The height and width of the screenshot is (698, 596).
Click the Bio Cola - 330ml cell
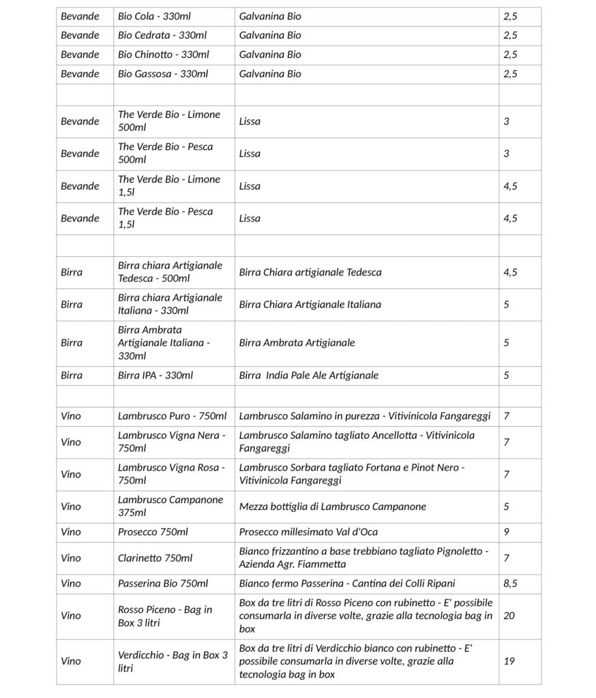[162, 16]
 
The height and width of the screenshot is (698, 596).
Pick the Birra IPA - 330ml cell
[155, 375]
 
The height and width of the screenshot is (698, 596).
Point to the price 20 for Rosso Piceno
[509, 616]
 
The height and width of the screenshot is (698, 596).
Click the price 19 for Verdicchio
[509, 661]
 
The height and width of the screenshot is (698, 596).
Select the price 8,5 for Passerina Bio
[510, 583]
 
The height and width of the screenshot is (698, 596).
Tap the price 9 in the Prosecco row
[507, 532]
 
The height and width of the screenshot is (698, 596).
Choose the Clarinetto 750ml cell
[155, 558]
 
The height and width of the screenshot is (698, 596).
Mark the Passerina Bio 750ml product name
[163, 583]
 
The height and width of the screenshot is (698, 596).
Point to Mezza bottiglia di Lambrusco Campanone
[333, 506]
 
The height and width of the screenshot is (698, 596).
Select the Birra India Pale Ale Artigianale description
[309, 375]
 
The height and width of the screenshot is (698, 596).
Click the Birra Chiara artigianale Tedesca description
[310, 272]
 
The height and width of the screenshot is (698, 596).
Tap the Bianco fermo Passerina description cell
[347, 583]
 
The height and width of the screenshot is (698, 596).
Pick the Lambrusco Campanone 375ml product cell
[170, 506]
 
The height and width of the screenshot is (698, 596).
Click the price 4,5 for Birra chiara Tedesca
[510, 272]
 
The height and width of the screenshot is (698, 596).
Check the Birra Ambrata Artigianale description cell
[297, 343]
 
